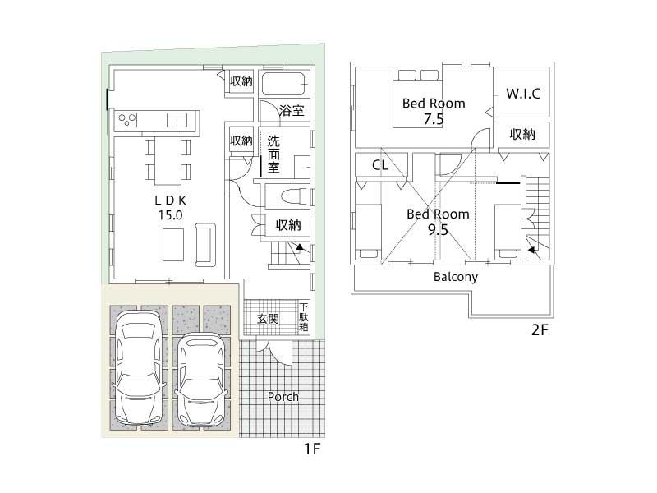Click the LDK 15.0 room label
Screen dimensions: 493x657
pos(171,207)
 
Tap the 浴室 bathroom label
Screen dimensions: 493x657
pos(292,110)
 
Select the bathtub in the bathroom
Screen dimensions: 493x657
pos(283,85)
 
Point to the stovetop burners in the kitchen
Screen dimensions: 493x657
pos(127,120)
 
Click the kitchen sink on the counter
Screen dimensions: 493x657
pos(177,120)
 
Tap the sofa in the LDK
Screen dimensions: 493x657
pos(204,245)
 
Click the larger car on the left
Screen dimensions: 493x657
pos(137,366)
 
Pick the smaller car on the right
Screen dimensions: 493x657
pos(200,377)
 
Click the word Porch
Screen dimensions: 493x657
pos(283,397)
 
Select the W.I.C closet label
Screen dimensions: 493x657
pos(523,94)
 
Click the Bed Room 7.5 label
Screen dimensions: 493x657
pos(433,111)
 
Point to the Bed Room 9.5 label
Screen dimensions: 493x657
pos(439,222)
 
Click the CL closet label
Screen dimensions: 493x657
pos(379,165)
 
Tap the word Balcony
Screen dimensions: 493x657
pos(456,277)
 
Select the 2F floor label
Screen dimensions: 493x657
pos(539,330)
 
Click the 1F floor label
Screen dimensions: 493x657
pos(310,449)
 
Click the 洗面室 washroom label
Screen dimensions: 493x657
pos(273,153)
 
